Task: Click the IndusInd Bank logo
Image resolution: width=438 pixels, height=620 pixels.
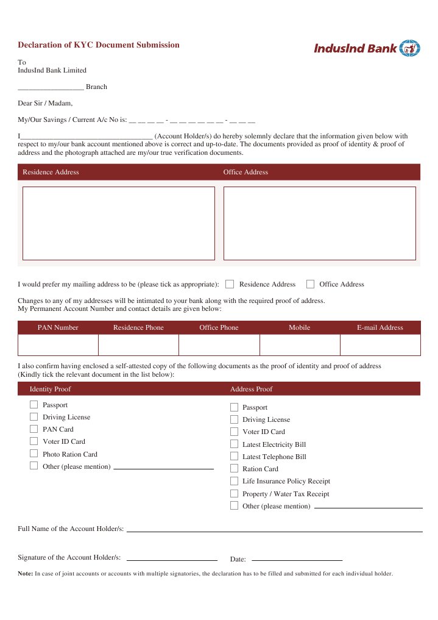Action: (367, 48)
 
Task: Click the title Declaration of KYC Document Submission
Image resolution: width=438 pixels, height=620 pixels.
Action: (99, 45)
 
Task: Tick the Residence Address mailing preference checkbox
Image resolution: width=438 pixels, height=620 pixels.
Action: (230, 284)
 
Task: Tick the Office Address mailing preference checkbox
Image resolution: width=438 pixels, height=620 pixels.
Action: (310, 284)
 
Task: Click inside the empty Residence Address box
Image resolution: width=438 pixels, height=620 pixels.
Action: (119, 223)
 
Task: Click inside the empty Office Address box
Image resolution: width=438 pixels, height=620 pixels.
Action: (319, 223)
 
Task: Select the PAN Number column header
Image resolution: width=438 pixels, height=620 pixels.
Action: (58, 328)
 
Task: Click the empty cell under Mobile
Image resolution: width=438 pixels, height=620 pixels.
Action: (300, 345)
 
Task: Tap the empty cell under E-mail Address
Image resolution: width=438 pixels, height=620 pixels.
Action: (380, 345)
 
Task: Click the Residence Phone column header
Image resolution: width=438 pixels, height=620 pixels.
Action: (138, 328)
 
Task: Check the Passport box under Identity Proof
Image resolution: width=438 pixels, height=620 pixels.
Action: (34, 405)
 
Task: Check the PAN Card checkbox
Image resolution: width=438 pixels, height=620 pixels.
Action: (34, 429)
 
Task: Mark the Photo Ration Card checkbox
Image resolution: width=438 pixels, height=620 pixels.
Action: (34, 454)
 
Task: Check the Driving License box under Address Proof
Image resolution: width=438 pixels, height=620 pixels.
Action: (234, 419)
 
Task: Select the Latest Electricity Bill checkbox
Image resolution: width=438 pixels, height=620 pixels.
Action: (234, 444)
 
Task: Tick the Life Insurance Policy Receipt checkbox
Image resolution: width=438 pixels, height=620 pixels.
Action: (234, 481)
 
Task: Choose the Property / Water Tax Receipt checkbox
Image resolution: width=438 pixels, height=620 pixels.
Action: (234, 494)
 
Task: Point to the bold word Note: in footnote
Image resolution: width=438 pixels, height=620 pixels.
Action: (26, 574)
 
